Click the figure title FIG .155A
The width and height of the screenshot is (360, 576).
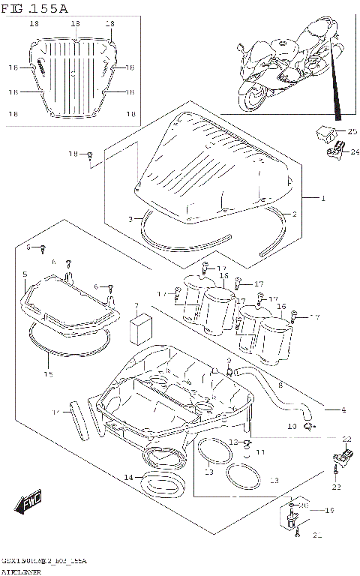[x=35, y=9]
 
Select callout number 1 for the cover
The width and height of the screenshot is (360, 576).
[x=323, y=199]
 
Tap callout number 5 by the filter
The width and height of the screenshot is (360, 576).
[x=25, y=274]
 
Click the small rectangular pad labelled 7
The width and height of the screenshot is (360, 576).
[x=139, y=328]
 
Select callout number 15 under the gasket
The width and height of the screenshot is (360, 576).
[x=48, y=374]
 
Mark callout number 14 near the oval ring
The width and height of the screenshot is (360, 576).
[x=128, y=477]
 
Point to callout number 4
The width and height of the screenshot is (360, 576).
[x=343, y=410]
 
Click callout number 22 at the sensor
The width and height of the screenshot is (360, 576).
[x=346, y=439]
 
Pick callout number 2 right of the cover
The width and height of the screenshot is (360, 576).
[x=294, y=214]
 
